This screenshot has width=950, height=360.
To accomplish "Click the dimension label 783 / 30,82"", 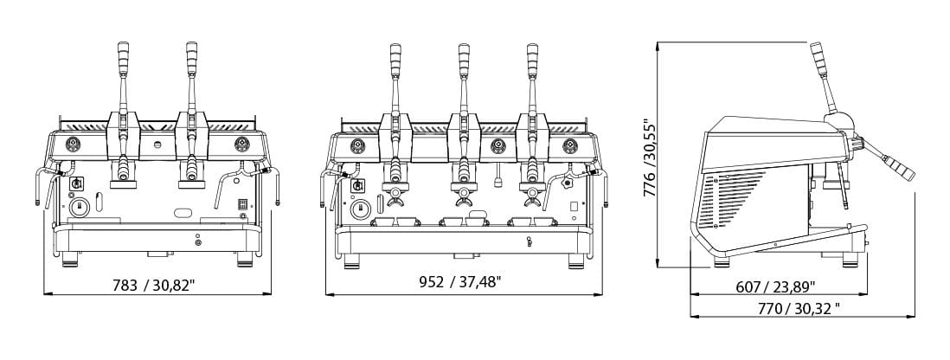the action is (x=154, y=284).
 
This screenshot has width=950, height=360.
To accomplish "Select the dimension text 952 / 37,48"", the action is (x=459, y=282).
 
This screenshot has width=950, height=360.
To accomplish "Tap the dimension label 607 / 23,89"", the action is (x=775, y=286).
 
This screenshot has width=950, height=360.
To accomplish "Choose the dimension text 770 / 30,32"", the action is (x=799, y=308).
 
